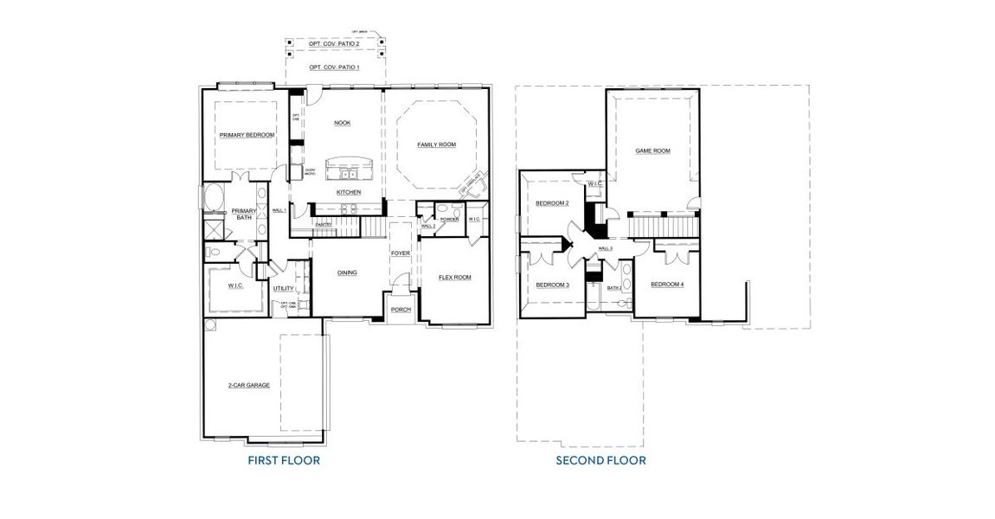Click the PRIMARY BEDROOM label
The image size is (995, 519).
click(x=247, y=135)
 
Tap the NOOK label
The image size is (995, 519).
click(x=343, y=123)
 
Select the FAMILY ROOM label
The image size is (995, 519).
click(x=436, y=144)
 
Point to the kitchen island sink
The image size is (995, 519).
click(x=348, y=175)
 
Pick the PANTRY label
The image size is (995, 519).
click(x=324, y=225)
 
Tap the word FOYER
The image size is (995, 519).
click(x=400, y=253)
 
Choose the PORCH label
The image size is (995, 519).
click(x=401, y=309)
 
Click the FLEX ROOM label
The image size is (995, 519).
click(x=455, y=278)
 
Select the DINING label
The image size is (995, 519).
click(x=347, y=272)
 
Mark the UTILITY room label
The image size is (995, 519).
click(x=284, y=288)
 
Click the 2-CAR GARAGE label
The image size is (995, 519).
click(x=248, y=385)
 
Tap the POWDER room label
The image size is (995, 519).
click(x=449, y=219)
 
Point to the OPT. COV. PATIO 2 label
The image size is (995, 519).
click(x=334, y=43)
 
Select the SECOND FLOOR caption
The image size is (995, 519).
click(x=600, y=460)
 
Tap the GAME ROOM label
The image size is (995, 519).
click(x=653, y=151)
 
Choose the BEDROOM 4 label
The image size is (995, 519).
click(x=667, y=285)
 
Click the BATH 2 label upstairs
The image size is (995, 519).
click(x=614, y=288)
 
